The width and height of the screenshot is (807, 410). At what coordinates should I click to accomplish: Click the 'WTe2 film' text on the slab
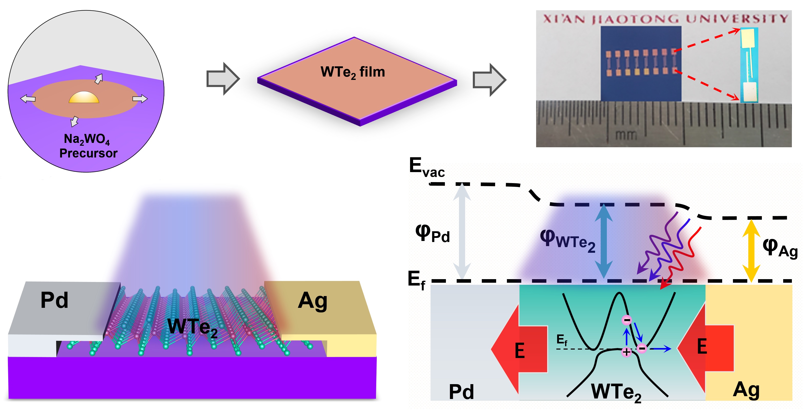click(x=352, y=72)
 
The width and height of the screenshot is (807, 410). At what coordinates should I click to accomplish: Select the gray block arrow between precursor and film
click(x=223, y=79)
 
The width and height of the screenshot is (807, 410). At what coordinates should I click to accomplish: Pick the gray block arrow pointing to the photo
click(x=489, y=80)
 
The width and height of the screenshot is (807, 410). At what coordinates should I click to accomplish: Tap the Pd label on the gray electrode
click(x=54, y=300)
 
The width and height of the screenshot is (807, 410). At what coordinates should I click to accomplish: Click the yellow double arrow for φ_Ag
click(x=751, y=251)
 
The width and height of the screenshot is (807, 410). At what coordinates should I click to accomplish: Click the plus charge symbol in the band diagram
click(x=626, y=352)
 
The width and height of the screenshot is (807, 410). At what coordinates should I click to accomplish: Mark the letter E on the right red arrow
click(x=702, y=346)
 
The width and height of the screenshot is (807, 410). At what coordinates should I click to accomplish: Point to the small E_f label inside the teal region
click(x=562, y=340)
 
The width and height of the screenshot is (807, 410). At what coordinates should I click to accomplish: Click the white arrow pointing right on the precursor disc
click(x=140, y=99)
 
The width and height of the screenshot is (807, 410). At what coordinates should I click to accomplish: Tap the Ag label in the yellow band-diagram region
click(x=746, y=390)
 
